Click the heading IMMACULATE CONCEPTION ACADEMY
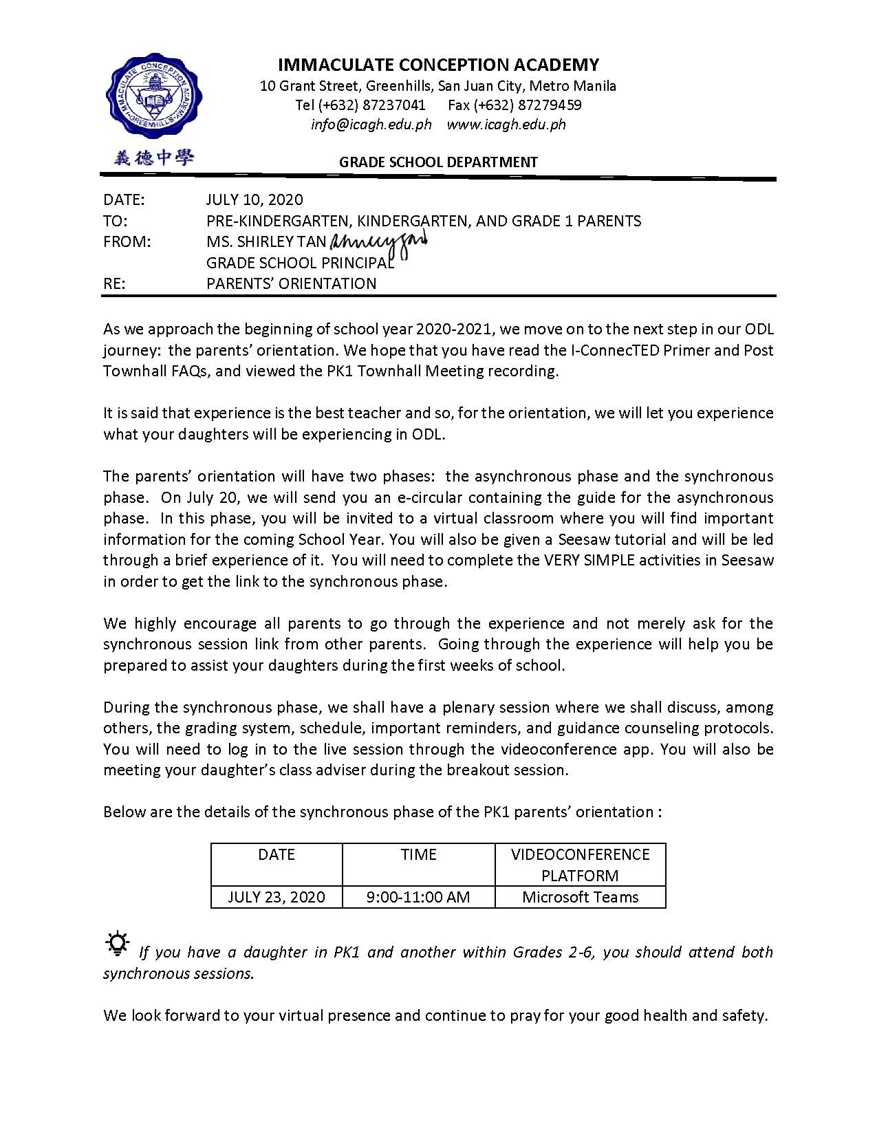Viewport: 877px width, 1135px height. coord(438,65)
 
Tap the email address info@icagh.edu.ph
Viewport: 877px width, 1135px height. coord(371,125)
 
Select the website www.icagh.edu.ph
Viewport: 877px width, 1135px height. coord(506,125)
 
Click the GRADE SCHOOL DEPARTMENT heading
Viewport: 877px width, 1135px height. coord(438,162)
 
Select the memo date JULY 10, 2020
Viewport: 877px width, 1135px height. coord(255,199)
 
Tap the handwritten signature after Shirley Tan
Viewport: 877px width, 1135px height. coord(379,241)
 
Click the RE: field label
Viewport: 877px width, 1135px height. coord(114,283)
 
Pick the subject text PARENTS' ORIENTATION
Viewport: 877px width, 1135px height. coord(291,283)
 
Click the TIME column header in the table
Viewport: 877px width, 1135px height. coord(418,854)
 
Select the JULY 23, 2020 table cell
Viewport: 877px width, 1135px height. coord(276,897)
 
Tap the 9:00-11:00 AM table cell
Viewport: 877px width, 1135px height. coord(418,897)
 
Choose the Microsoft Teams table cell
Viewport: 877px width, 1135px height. coord(580,897)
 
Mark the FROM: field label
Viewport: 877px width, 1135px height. coord(127,241)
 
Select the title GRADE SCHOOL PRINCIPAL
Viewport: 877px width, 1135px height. coord(300,263)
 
